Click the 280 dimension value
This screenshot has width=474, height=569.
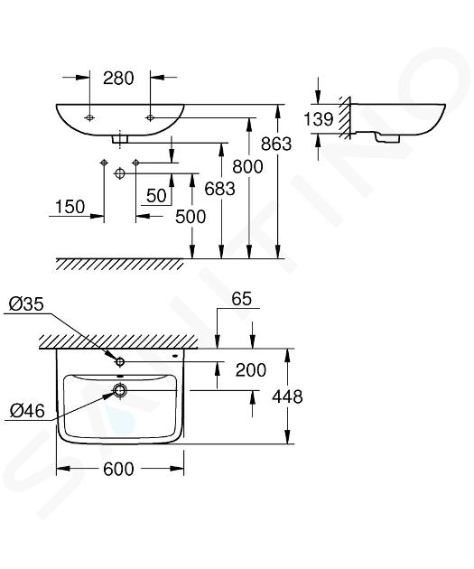coord(118,78)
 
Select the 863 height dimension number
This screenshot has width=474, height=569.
coord(276,145)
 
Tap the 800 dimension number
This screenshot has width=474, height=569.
coord(247,167)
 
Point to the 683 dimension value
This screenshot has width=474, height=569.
coord(219,189)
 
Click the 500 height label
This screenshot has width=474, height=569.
coord(191,217)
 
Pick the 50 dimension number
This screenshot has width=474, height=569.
coord(156,196)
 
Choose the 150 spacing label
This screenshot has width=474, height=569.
coord(70,207)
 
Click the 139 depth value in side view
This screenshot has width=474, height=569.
coord(318,119)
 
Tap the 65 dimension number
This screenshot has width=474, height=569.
coord(242,299)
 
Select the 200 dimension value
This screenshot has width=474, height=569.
coord(251,370)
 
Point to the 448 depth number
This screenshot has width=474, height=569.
coord(287,396)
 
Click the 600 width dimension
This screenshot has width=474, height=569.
coord(118,470)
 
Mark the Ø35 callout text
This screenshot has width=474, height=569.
coord(26,304)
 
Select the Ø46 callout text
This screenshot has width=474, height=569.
coord(27,411)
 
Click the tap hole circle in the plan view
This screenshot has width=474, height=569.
coord(120,361)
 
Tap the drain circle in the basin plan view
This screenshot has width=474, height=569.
coord(120,390)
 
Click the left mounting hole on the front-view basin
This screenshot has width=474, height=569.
coord(89,117)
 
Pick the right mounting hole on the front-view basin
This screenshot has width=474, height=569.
coord(150,117)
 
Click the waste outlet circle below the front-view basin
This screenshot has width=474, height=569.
coord(120,173)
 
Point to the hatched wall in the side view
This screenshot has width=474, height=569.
coord(345,117)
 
